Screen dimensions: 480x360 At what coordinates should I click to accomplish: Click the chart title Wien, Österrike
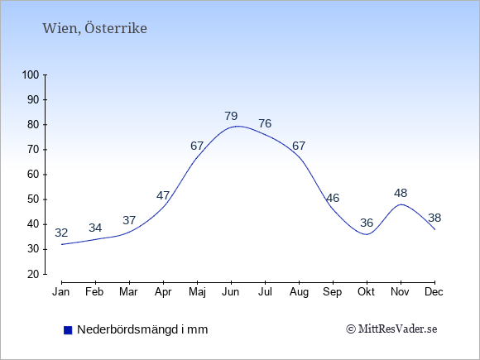[94, 28]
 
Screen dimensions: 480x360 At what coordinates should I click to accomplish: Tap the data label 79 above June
[231, 116]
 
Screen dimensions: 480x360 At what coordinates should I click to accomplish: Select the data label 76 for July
[265, 123]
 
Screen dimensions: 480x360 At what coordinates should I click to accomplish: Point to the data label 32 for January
[61, 233]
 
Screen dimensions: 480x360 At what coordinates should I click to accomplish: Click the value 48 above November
[401, 193]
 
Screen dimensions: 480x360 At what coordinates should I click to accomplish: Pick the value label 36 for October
[367, 223]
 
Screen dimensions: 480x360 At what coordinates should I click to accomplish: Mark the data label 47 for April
[163, 195]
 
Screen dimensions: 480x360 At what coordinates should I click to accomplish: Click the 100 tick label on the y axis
[31, 74]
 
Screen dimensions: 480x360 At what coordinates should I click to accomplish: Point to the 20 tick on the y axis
[33, 274]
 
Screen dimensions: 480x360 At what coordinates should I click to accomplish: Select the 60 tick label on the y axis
[33, 175]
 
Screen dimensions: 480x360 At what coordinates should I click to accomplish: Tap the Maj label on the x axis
[197, 292]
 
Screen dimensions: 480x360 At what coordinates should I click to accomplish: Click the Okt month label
[366, 292]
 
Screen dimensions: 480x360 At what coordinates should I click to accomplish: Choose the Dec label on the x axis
[434, 292]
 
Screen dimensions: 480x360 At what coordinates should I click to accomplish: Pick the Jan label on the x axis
[61, 292]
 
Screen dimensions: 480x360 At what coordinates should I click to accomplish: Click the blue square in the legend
[68, 330]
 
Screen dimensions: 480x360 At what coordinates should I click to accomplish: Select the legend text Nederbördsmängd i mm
[142, 329]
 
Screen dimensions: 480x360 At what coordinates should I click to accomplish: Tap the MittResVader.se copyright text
[391, 329]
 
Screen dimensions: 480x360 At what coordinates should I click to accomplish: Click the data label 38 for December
[434, 218]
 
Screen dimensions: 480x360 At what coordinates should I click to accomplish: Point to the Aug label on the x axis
[299, 292]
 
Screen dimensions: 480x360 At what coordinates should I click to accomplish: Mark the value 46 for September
[333, 198]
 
